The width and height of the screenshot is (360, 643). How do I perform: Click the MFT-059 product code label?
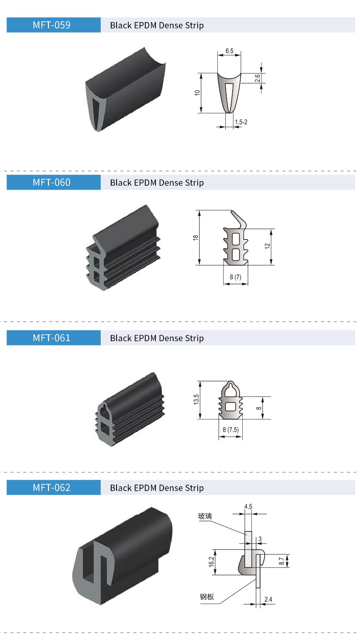click(51, 25)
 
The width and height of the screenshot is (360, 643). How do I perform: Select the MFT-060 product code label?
click(51, 182)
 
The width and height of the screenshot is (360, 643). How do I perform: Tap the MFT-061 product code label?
click(51, 338)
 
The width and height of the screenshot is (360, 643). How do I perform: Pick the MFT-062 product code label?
click(51, 488)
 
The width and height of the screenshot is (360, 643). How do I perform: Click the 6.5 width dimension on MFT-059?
click(229, 51)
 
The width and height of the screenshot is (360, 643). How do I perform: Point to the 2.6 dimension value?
click(258, 78)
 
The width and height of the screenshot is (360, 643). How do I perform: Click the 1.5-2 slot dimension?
click(241, 122)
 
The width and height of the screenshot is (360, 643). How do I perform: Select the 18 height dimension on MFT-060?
click(196, 238)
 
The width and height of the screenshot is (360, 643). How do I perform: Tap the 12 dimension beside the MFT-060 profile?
click(267, 246)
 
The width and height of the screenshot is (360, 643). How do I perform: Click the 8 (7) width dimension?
click(235, 277)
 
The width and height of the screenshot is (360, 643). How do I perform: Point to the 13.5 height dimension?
click(196, 399)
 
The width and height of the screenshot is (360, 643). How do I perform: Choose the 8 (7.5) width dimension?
click(231, 430)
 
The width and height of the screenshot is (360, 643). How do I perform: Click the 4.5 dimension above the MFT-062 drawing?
click(248, 506)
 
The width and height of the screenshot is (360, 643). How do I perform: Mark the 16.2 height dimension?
click(211, 561)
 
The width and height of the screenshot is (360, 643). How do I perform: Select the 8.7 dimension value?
click(281, 561)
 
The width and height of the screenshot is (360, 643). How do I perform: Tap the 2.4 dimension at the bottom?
click(268, 599)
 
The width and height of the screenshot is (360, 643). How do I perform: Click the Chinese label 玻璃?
click(205, 516)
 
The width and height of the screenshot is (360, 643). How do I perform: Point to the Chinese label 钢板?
click(207, 597)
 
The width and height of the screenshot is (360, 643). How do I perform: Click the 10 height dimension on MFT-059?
click(197, 93)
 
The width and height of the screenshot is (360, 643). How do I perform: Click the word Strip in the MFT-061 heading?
click(194, 338)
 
